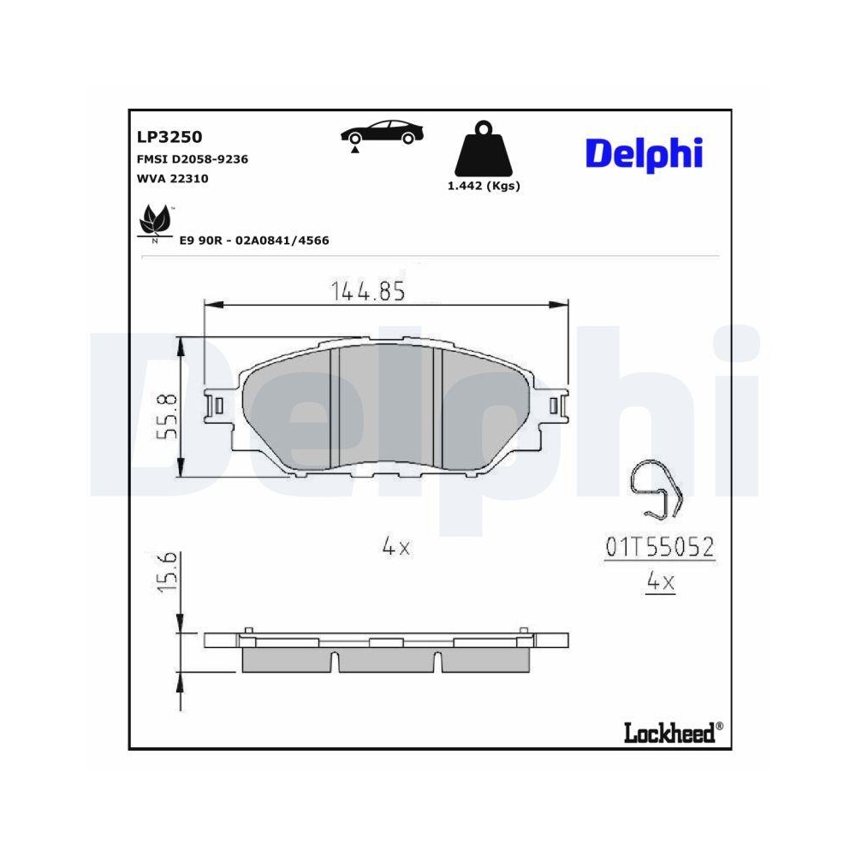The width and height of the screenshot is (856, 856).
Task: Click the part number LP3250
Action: (x=169, y=136)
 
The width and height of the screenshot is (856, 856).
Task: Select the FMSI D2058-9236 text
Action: (x=193, y=159)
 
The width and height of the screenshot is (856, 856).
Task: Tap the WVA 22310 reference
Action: (x=172, y=179)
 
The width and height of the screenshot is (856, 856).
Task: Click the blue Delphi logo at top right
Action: (x=643, y=153)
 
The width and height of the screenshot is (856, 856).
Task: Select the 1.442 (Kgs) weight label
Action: (x=484, y=187)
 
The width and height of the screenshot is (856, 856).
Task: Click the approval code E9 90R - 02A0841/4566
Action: (x=253, y=241)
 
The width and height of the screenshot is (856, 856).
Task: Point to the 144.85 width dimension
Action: (x=368, y=292)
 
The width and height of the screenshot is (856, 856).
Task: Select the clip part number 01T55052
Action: (x=660, y=547)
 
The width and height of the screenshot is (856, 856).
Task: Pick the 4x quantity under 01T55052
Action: (x=660, y=583)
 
